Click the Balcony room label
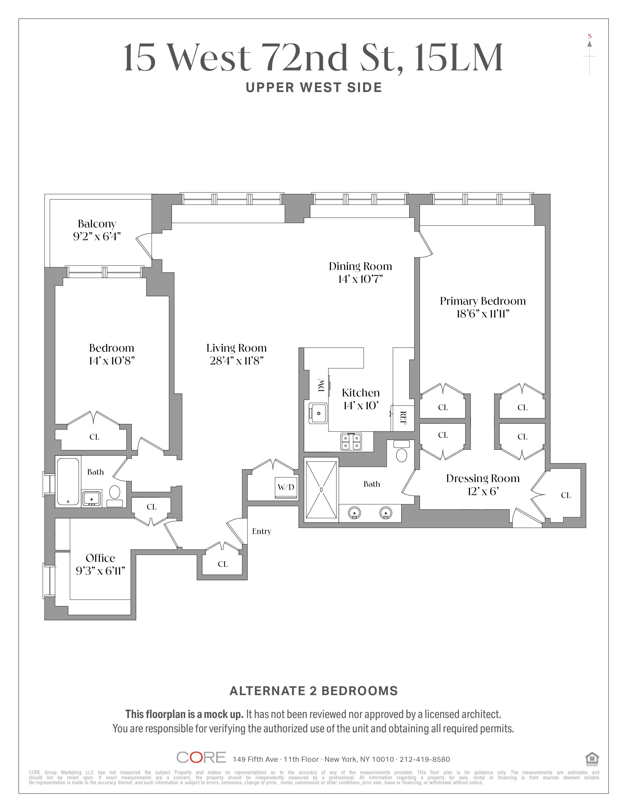click(97, 224)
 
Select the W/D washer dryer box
click(286, 487)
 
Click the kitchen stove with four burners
click(351, 442)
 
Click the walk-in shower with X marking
click(321, 490)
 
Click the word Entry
click(262, 531)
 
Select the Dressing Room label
click(482, 479)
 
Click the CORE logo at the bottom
click(201, 757)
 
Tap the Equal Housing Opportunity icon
click(592, 758)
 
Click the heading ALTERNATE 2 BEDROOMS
click(313, 691)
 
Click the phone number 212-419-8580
click(425, 759)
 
